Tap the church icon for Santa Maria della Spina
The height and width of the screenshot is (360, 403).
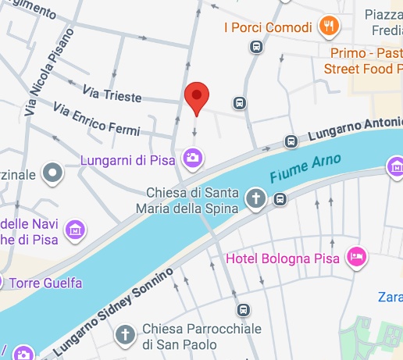coord(255,199)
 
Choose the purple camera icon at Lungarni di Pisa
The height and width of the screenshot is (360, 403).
coord(191,159)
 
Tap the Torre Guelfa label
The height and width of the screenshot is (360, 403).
coord(49,283)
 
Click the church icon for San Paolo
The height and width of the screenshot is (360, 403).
coord(124,336)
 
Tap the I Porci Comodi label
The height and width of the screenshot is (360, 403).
coord(268,27)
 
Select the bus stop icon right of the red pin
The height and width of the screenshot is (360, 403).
coord(239,102)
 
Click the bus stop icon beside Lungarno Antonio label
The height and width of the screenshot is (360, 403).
coord(291,141)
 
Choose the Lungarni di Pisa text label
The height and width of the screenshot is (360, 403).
coord(130,160)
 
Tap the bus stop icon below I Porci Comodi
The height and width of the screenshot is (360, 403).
coord(255,47)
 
